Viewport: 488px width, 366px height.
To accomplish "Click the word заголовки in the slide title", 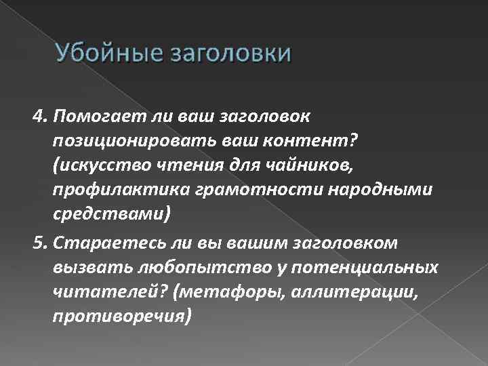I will pos(225,52).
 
